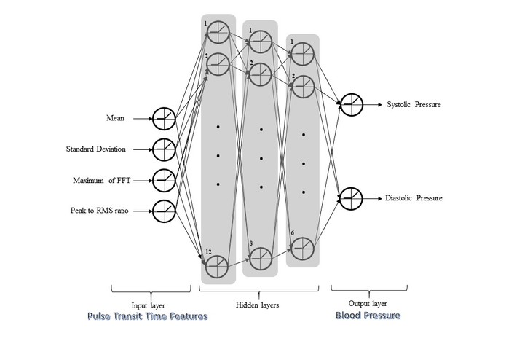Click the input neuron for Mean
[164, 117]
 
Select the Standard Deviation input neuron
[164, 149]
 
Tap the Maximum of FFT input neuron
[164, 180]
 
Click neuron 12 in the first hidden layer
[217, 267]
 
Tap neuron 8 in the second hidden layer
[260, 258]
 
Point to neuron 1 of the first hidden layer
[217, 33]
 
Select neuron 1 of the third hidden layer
[302, 52]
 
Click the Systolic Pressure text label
[414, 105]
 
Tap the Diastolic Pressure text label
[414, 198]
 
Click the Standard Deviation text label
[95, 149]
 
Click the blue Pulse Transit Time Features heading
[147, 316]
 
